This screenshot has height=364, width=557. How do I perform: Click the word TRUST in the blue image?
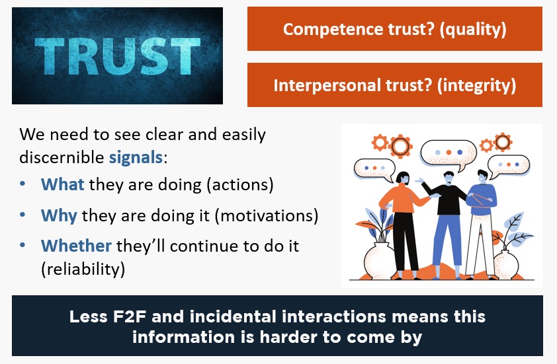[118, 56]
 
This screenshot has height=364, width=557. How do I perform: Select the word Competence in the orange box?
[333, 30]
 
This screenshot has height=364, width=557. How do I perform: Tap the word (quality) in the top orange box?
[472, 30]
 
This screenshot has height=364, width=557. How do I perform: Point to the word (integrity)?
[476, 85]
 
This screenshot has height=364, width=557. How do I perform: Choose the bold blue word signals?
[136, 157]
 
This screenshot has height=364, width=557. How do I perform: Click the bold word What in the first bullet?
[63, 184]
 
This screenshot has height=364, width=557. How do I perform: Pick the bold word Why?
[59, 216]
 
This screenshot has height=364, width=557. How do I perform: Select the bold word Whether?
[76, 246]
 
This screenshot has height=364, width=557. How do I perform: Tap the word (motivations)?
[267, 216]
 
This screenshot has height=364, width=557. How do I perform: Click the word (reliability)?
[83, 269]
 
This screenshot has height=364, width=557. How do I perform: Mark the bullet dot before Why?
[22, 215]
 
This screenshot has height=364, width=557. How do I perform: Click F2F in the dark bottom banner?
[130, 317]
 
